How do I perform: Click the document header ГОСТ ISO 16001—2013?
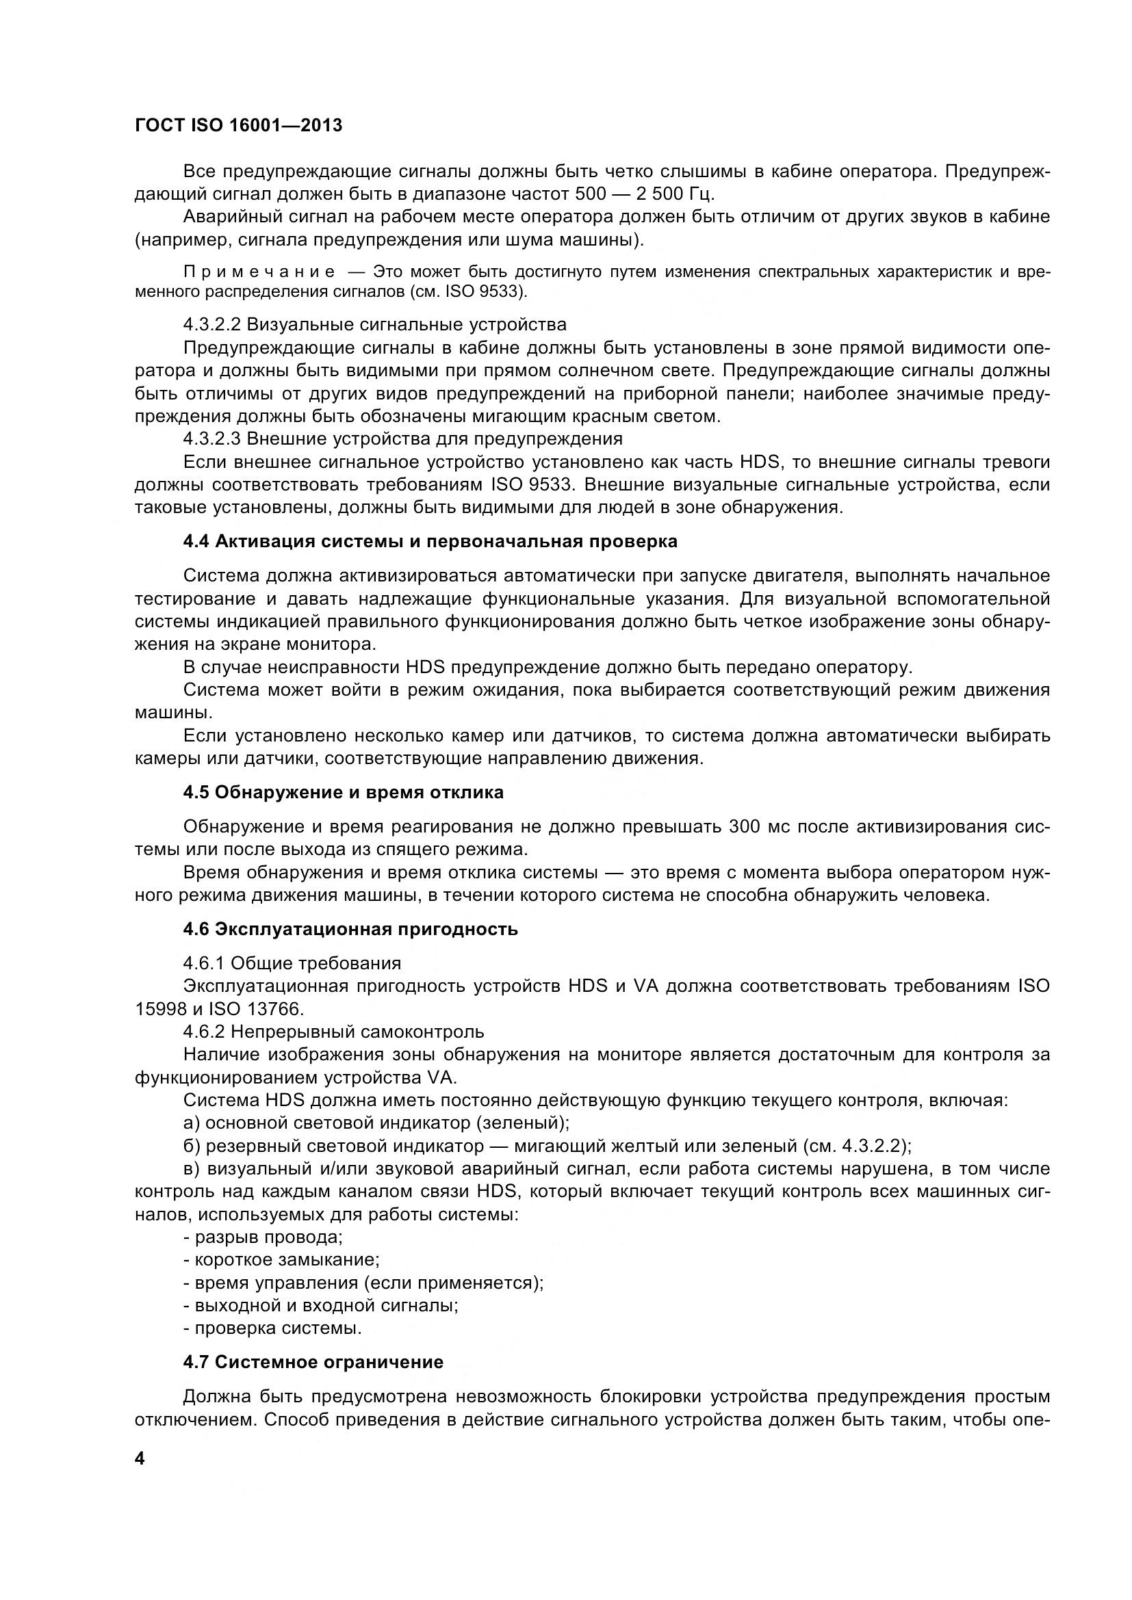[238, 126]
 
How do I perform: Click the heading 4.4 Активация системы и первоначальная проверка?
[430, 542]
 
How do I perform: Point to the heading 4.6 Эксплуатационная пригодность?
[350, 929]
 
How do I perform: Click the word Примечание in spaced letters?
[259, 272]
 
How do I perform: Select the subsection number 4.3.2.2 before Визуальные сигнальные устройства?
[212, 325]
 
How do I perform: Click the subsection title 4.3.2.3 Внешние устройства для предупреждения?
[403, 439]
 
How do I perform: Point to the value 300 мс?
[758, 827]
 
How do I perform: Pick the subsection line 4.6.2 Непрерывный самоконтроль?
[333, 1032]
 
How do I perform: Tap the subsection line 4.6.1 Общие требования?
[292, 963]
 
